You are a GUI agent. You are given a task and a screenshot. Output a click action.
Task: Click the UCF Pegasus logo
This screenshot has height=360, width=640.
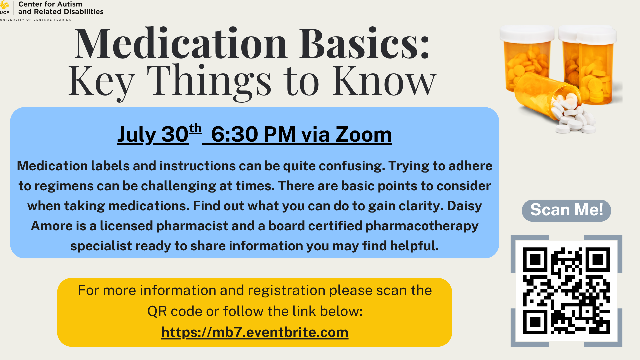click(x=4, y=5)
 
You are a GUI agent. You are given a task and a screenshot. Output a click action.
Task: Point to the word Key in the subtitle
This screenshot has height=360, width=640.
click(x=102, y=82)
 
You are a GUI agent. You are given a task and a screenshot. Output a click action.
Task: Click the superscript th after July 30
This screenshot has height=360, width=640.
click(x=195, y=128)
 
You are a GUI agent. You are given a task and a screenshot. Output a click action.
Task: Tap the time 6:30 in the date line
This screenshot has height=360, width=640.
click(x=235, y=134)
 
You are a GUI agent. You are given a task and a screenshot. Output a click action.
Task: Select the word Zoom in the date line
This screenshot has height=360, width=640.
click(x=364, y=134)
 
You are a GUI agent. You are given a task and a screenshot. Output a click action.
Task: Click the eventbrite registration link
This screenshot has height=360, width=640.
click(x=255, y=332)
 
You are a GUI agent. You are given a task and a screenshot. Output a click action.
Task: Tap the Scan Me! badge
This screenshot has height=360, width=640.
click(x=566, y=210)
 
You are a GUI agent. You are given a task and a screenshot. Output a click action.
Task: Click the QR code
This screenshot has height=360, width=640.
click(x=566, y=291)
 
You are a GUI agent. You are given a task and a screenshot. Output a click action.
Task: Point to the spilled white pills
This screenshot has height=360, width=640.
click(x=571, y=114)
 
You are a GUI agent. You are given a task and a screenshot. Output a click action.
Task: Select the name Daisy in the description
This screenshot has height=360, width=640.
click(x=464, y=206)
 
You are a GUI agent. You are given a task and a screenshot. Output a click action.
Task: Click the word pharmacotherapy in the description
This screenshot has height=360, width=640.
click(x=422, y=226)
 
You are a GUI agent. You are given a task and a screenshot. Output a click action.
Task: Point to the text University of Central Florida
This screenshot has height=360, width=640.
click(x=36, y=20)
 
